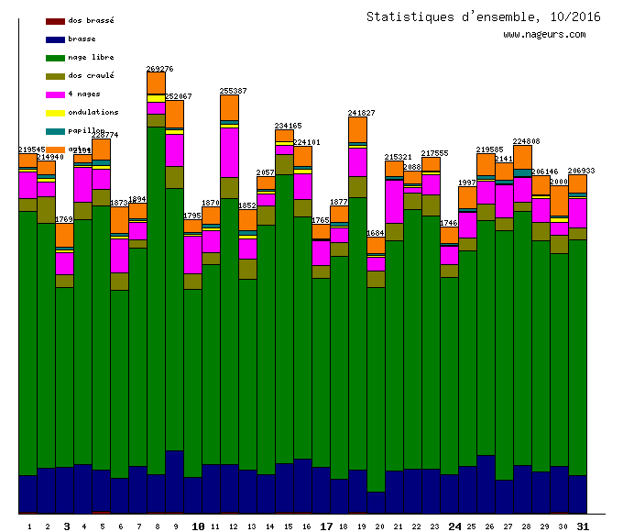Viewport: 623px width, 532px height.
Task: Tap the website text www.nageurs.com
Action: click(544, 35)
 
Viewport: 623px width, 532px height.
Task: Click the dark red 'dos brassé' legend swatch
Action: click(55, 20)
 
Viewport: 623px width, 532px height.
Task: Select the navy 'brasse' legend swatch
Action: click(55, 39)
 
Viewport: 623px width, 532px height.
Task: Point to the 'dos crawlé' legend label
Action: click(91, 75)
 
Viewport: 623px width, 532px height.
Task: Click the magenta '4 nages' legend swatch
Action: click(55, 94)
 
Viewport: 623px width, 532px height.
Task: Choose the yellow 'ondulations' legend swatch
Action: click(55, 112)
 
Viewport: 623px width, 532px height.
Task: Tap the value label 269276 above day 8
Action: click(159, 68)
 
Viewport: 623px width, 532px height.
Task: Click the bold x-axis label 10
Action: click(198, 526)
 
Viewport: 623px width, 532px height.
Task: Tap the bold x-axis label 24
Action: click(454, 526)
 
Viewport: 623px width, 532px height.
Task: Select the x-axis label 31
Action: click(583, 526)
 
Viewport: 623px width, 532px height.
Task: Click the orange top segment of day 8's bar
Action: click(156, 83)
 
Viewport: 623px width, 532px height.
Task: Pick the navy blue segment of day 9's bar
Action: click(174, 482)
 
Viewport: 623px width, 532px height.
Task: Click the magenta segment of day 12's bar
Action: click(229, 151)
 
